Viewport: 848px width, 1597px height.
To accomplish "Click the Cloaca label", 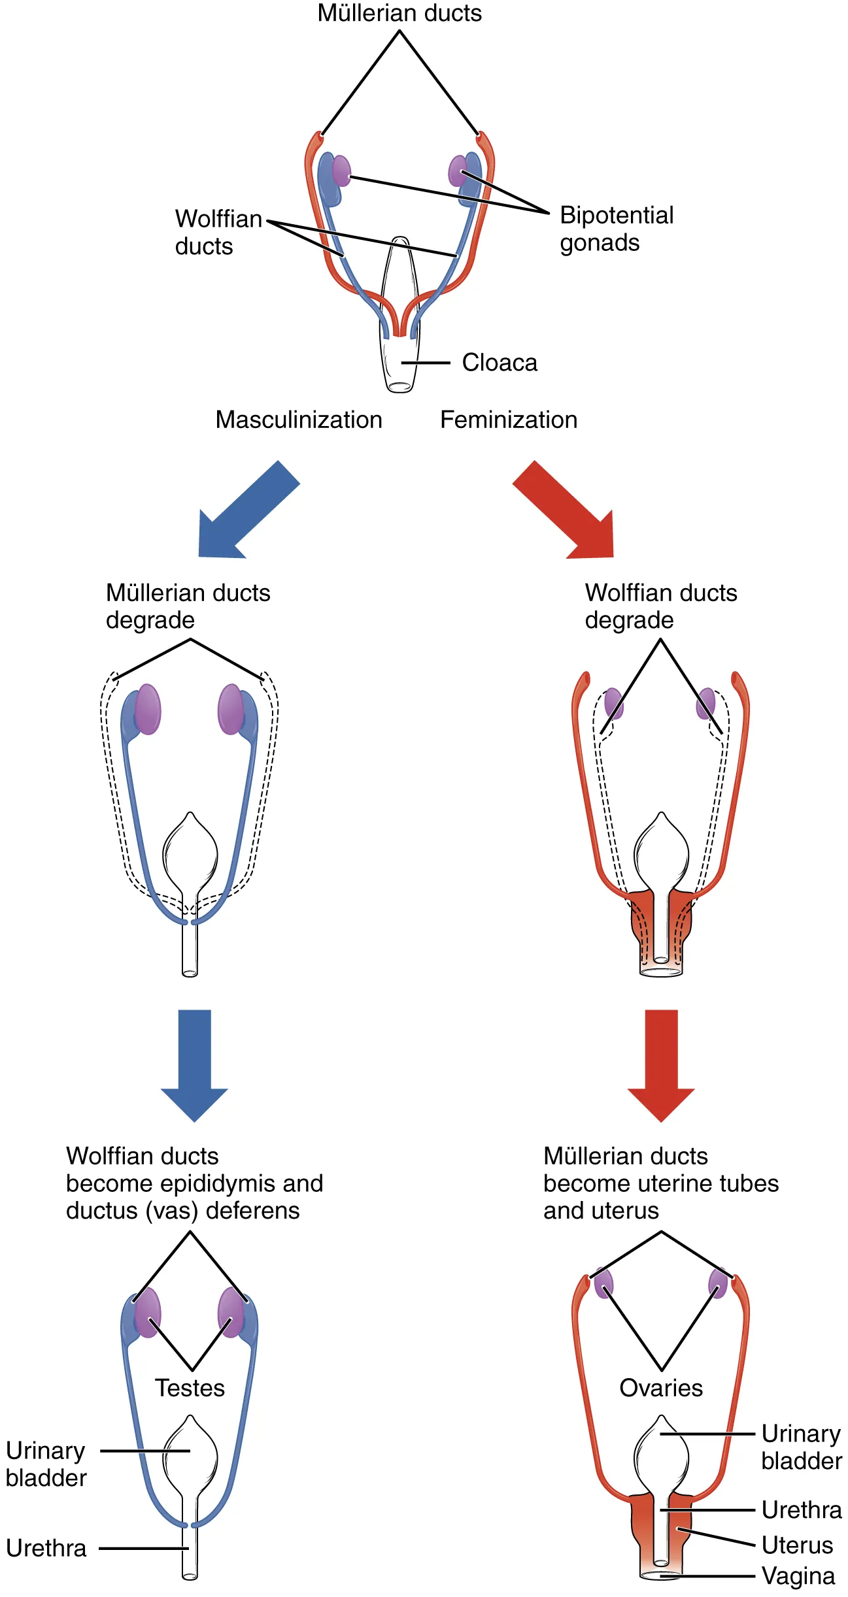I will coord(499,363).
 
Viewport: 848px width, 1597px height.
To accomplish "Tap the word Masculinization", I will coord(299,420).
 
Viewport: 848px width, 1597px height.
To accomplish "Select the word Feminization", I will coord(509,420).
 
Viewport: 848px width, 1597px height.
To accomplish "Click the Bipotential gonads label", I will coord(616,229).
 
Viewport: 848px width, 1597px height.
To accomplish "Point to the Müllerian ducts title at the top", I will coord(399,13).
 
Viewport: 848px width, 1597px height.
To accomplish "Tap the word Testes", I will coord(190,1387).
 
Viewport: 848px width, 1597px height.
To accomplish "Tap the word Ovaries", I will coord(661,1387).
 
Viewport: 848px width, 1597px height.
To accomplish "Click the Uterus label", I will coord(797,1545).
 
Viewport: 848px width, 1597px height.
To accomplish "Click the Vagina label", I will coord(798,1575).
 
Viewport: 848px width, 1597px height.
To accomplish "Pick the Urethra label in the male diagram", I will coord(46,1548).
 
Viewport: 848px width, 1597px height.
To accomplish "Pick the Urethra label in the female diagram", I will coord(801,1509).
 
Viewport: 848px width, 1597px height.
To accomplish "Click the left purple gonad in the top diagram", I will coord(341,171).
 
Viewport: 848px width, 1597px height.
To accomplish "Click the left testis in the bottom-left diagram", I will coord(148,1312).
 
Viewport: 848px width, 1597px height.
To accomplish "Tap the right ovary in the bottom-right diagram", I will coord(718,1283).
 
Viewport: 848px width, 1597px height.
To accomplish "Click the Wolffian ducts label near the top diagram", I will coord(218,232).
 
